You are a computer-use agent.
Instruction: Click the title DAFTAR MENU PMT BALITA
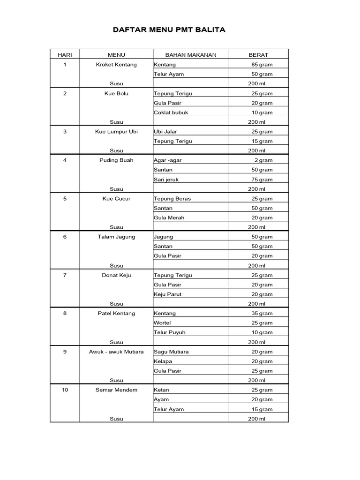pyautogui.click(x=169, y=30)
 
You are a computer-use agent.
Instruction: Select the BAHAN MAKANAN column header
pyautogui.click(x=191, y=55)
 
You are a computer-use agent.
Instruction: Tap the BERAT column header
pyautogui.click(x=258, y=55)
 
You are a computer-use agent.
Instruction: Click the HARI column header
pyautogui.click(x=65, y=55)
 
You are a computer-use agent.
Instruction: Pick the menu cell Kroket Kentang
pyautogui.click(x=116, y=65)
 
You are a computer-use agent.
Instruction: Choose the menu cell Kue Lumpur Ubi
pyautogui.click(x=116, y=132)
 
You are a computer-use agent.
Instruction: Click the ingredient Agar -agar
pyautogui.click(x=167, y=160)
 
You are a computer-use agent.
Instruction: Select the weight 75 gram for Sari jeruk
pyautogui.click(x=262, y=180)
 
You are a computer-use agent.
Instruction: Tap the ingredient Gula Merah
pyautogui.click(x=169, y=217)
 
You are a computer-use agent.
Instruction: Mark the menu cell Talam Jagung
pyautogui.click(x=116, y=237)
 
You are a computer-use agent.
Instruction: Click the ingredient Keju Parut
pyautogui.click(x=167, y=294)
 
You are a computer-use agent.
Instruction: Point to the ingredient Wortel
pyautogui.click(x=162, y=323)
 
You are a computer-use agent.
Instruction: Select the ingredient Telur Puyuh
pyautogui.click(x=169, y=332)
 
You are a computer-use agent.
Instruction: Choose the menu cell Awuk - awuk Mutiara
pyautogui.click(x=116, y=352)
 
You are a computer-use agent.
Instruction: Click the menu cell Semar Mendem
pyautogui.click(x=116, y=390)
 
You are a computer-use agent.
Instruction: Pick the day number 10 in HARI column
pyautogui.click(x=65, y=390)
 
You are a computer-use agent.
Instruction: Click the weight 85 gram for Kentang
pyautogui.click(x=262, y=65)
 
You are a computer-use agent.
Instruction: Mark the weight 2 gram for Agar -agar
pyautogui.click(x=263, y=160)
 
